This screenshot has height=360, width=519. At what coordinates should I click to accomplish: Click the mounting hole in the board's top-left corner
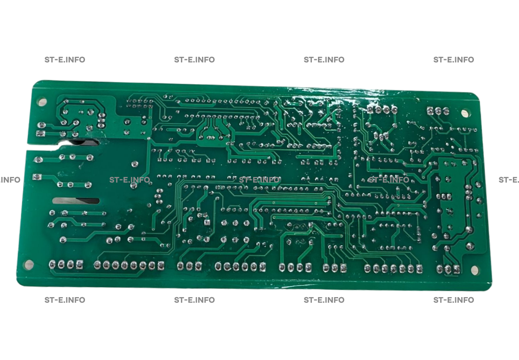41,101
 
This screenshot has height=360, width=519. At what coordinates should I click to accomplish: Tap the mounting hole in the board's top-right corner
465,113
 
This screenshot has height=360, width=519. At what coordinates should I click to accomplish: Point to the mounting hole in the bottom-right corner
474,270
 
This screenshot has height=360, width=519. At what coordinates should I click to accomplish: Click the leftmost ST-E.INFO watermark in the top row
65,60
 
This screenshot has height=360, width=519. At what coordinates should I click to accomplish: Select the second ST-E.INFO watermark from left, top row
194,60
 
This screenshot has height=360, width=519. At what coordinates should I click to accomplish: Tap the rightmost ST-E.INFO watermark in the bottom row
454,300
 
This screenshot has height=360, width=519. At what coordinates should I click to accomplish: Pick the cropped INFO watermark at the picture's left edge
10,180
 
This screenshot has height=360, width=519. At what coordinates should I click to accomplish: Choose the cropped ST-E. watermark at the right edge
509,180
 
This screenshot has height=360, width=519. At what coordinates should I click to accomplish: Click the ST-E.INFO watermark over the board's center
259,180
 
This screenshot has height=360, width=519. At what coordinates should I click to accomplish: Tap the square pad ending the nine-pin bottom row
161,266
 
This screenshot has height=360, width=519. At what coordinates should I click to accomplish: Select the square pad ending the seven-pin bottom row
418,269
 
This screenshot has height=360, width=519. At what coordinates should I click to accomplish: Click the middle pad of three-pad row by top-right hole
438,111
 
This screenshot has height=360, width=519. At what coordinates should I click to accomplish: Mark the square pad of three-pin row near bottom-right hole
456,269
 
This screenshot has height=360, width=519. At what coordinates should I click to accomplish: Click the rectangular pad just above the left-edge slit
40,133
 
